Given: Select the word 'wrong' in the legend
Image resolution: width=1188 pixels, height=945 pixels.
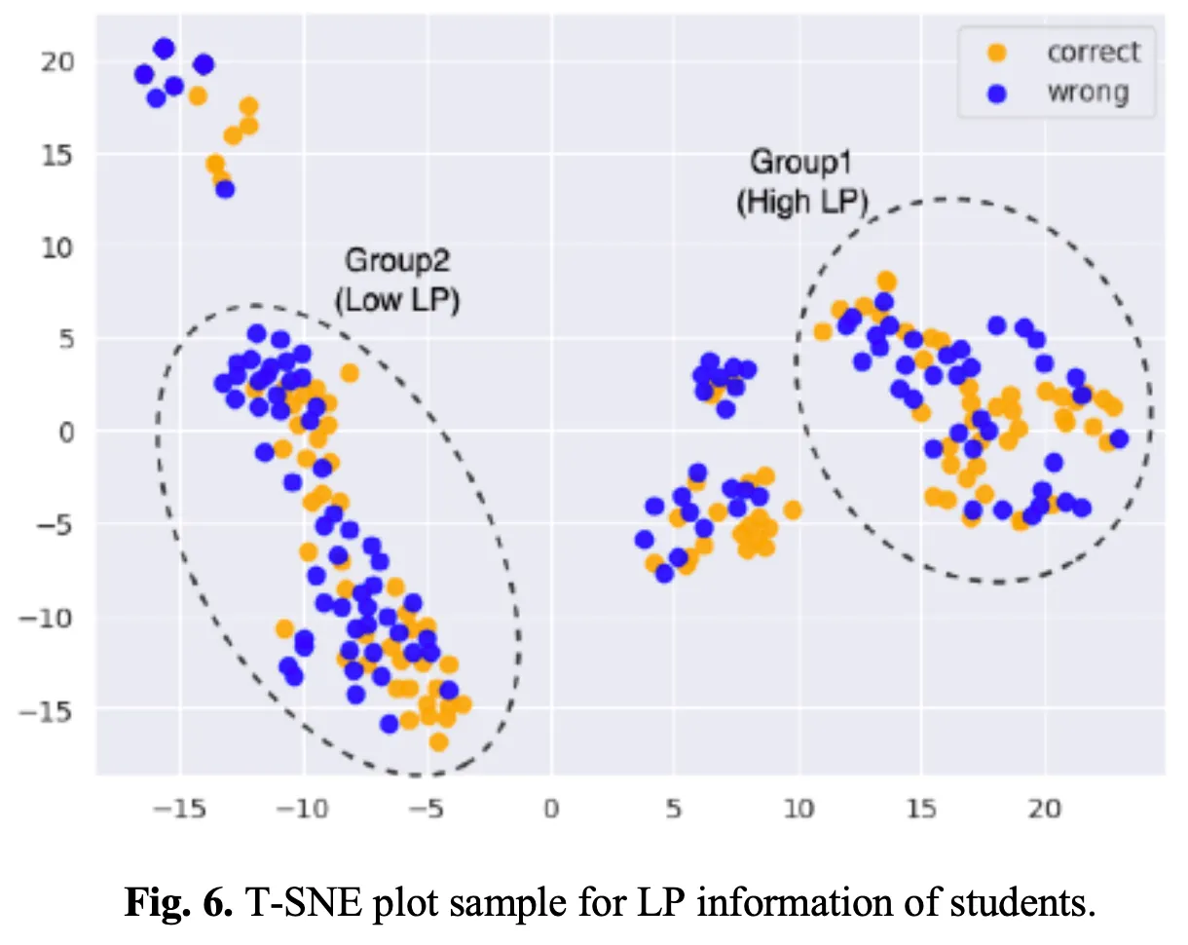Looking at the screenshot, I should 1087,94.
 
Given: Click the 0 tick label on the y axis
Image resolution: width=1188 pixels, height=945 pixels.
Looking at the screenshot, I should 65,431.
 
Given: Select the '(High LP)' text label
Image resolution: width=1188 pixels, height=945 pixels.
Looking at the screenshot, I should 800,203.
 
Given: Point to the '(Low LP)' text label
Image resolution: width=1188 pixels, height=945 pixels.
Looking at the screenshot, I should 396,301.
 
